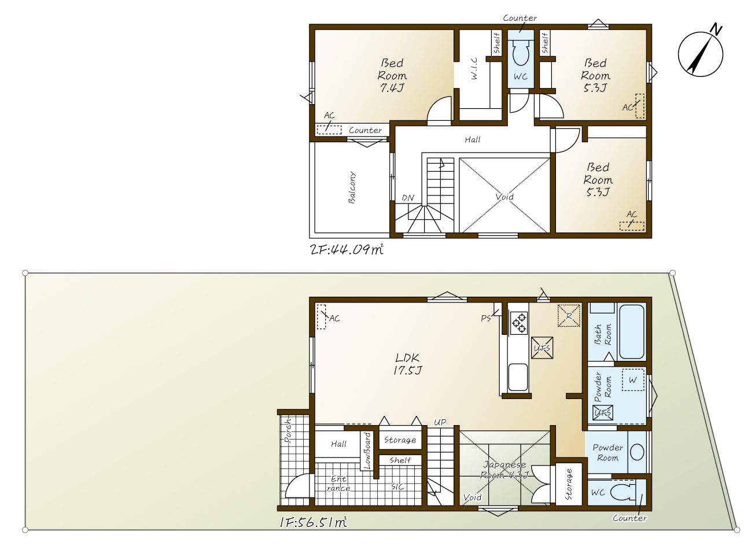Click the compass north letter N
pyautogui.click(x=716, y=29)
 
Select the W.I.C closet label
pyautogui.click(x=474, y=68)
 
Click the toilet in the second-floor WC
pyautogui.click(x=521, y=53)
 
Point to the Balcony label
pyautogui.click(x=352, y=187)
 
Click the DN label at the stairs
pyautogui.click(x=408, y=198)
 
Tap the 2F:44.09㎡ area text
pyautogui.click(x=347, y=250)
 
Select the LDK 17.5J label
pyautogui.click(x=407, y=364)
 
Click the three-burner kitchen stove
pyautogui.click(x=519, y=323)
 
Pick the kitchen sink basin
pyautogui.click(x=518, y=376)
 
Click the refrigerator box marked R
pyautogui.click(x=569, y=316)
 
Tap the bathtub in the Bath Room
pyautogui.click(x=632, y=331)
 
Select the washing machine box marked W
pyautogui.click(x=633, y=380)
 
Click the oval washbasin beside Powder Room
pyautogui.click(x=637, y=452)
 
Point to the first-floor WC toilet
pyautogui.click(x=623, y=492)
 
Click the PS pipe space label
pyautogui.click(x=486, y=318)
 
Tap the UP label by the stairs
pyautogui.click(x=440, y=422)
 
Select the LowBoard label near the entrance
pyautogui.click(x=367, y=451)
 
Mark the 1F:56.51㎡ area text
pyautogui.click(x=313, y=522)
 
